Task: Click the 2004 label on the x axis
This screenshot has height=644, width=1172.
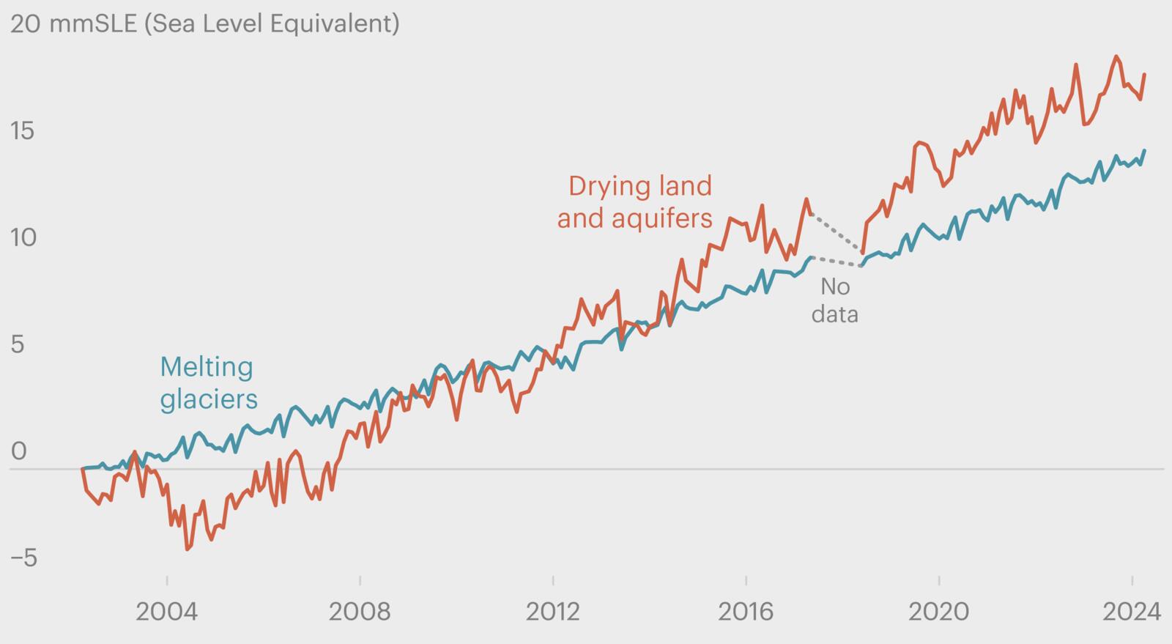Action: click(166, 611)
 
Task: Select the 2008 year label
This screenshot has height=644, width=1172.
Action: click(360, 611)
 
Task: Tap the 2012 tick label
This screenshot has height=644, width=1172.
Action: click(553, 611)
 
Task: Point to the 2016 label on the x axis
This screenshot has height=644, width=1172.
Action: click(746, 611)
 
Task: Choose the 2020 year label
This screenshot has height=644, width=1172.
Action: click(939, 611)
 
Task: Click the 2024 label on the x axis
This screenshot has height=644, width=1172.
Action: click(1132, 611)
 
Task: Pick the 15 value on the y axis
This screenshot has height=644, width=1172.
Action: click(23, 131)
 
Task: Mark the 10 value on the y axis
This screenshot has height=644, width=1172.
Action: click(23, 237)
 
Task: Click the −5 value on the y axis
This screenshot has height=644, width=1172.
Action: click(23, 558)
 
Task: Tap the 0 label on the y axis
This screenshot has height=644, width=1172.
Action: click(18, 451)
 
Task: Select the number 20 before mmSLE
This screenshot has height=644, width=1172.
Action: click(25, 23)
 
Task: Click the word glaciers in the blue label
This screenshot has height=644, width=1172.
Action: click(209, 399)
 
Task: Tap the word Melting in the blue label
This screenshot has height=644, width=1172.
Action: click(207, 366)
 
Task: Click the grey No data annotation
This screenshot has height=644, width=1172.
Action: click(834, 300)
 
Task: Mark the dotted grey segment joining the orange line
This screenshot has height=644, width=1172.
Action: click(838, 232)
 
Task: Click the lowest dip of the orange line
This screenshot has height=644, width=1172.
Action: click(188, 548)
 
